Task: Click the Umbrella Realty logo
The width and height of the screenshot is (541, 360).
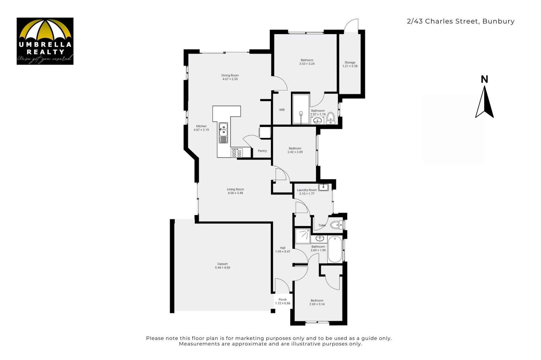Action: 45,41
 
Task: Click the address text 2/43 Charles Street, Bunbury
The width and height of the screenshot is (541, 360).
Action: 461,21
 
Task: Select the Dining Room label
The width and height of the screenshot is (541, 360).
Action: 230,75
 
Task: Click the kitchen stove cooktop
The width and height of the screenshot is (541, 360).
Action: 237,153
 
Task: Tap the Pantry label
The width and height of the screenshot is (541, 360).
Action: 262,151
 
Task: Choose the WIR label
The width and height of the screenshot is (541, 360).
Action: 282,110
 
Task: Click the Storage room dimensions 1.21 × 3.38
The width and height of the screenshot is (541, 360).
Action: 350,66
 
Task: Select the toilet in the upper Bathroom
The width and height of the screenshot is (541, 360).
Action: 331,118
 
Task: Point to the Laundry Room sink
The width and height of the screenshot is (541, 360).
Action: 323,187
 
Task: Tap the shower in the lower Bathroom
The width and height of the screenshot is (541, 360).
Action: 303,236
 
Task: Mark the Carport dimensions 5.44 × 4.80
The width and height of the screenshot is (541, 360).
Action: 222,268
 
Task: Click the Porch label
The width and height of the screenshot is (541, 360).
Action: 283,300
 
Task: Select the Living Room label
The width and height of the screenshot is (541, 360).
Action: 235,189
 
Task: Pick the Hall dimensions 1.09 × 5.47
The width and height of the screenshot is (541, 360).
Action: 283,252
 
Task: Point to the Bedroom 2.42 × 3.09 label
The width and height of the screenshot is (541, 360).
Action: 295,150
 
